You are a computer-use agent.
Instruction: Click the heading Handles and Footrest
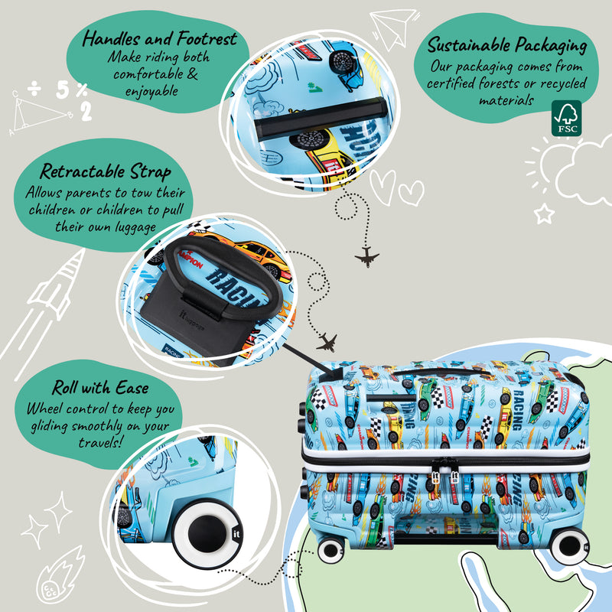(160, 38)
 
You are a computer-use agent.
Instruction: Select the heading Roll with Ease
(100, 387)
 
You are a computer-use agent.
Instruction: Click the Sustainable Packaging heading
(507, 45)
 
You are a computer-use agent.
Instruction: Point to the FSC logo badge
(566, 119)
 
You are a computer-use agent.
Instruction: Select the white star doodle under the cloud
(544, 213)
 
